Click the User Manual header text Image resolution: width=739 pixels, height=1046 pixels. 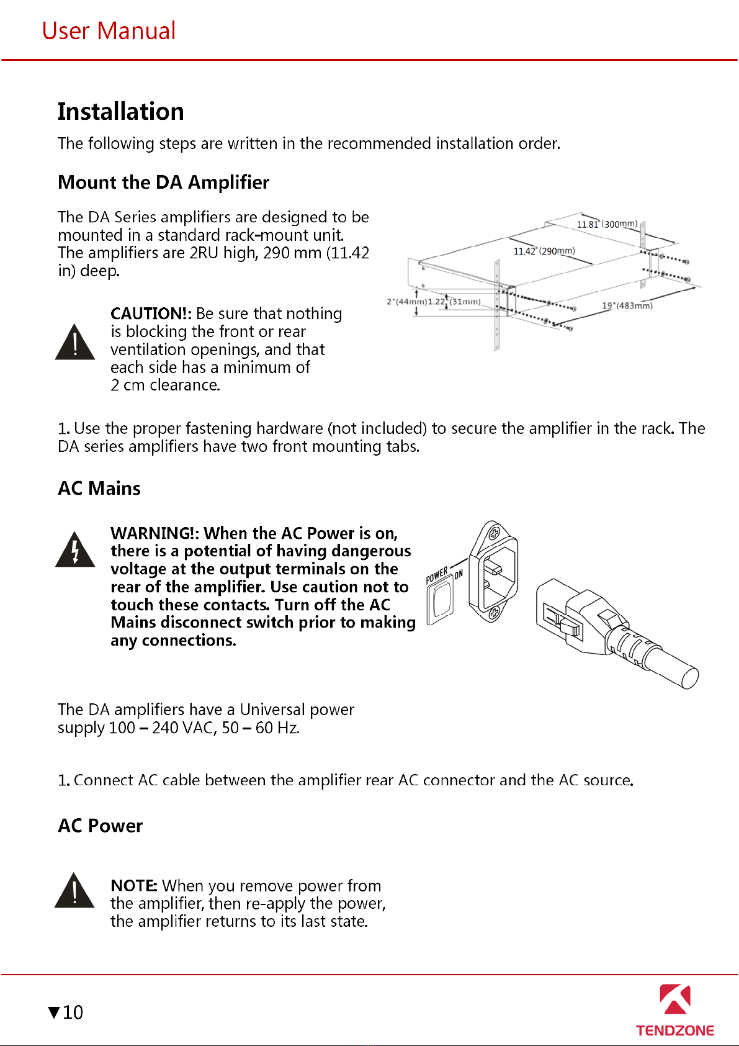tap(109, 31)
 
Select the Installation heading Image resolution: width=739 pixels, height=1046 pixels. tap(120, 112)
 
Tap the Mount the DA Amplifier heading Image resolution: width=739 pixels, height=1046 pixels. tap(163, 183)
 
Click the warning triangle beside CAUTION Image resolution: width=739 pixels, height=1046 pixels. tap(75, 343)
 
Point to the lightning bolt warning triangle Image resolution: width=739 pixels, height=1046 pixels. tap(75, 551)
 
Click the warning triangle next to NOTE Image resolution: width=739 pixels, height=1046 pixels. tap(74, 891)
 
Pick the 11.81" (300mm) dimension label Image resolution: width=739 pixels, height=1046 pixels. tap(607, 224)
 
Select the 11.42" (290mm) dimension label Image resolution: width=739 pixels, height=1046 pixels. tap(544, 251)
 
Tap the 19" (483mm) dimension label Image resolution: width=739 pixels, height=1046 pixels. tap(627, 305)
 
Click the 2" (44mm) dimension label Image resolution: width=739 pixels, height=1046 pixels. tap(406, 302)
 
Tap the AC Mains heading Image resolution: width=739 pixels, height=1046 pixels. tap(99, 489)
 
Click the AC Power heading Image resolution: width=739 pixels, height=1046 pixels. tap(100, 826)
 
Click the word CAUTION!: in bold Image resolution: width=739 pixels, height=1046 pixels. tap(151, 313)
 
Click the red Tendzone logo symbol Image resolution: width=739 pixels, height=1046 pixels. tap(674, 999)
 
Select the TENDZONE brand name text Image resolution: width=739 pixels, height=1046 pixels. tap(674, 1030)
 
